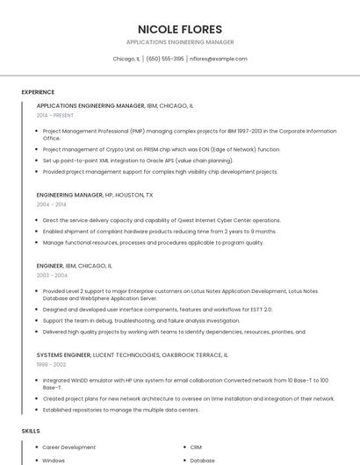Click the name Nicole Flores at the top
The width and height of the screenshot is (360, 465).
[x=180, y=29]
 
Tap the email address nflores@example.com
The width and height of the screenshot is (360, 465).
[x=219, y=59]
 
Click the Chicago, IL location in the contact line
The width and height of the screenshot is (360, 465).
[x=126, y=59]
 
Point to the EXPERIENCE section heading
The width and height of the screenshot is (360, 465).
[x=38, y=92]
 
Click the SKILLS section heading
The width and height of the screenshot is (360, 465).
[x=31, y=431]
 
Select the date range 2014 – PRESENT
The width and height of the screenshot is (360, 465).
[x=55, y=115]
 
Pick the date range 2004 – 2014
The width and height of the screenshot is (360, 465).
[x=51, y=204]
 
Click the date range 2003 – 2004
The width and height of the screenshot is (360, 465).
[x=51, y=275]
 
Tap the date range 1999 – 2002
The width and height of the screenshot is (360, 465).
[x=51, y=364]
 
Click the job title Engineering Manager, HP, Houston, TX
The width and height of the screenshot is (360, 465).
[x=95, y=195]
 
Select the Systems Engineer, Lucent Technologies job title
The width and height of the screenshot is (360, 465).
[x=132, y=354]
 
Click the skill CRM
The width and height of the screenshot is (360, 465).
[x=196, y=447]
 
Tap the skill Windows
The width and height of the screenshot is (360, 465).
[x=54, y=461]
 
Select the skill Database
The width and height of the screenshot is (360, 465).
[x=202, y=461]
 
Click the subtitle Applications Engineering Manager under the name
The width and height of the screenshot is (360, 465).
[x=180, y=42]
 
